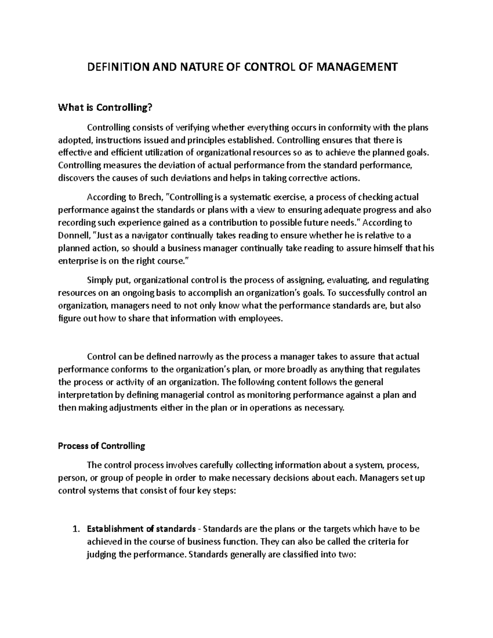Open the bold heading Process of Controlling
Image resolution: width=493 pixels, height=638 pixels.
pyautogui.click(x=101, y=446)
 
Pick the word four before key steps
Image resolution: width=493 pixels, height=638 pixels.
pyautogui.click(x=187, y=491)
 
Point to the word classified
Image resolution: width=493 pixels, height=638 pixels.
pyautogui.click(x=309, y=554)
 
